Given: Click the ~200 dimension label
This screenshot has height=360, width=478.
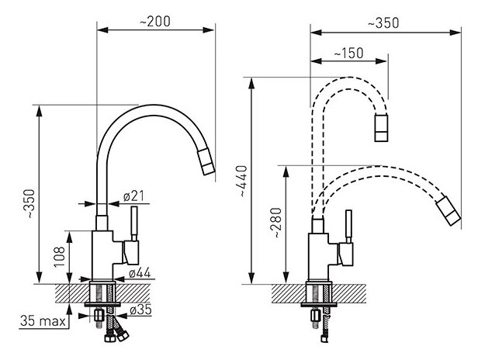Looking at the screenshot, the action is click(155, 22).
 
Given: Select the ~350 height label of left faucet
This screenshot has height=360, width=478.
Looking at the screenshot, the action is click(30, 203).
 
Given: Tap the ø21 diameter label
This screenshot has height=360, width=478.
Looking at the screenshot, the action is click(133, 196).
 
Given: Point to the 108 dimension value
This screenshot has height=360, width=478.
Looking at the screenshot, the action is click(60, 257).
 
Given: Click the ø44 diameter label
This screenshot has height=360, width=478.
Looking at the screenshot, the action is click(140, 273).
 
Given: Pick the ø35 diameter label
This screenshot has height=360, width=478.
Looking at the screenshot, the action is click(140, 310).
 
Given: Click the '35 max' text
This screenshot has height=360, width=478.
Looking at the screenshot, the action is click(43, 321).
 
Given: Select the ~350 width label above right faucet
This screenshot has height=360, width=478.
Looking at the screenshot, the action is click(383, 23).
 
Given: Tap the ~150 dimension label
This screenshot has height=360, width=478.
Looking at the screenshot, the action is click(348, 53).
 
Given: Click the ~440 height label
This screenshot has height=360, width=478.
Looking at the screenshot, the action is click(243, 181).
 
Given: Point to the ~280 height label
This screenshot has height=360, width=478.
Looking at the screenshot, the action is click(277, 223).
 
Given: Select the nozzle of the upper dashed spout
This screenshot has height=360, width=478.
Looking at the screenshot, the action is click(381, 128).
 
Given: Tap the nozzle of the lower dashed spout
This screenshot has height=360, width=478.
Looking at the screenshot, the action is click(449, 211).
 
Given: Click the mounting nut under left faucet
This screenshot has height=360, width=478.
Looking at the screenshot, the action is click(99, 315).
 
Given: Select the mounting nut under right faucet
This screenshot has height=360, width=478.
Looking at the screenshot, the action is click(316, 316).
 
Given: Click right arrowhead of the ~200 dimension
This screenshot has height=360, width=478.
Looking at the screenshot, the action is click(209, 30).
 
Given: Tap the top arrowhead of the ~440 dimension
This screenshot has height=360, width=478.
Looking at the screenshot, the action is click(251, 83).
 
